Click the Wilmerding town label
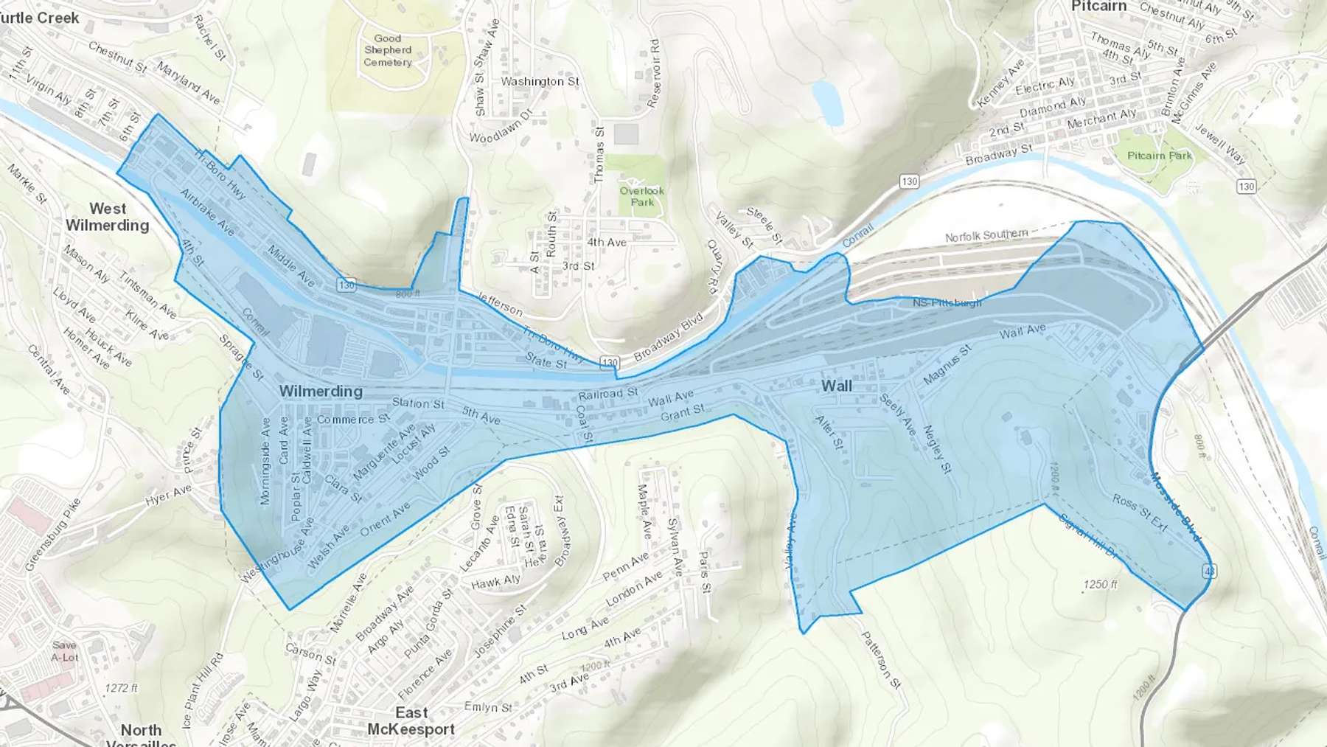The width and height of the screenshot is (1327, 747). (x=321, y=392)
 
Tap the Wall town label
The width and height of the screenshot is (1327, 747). (x=836, y=386)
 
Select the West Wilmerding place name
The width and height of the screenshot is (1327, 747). (x=108, y=217)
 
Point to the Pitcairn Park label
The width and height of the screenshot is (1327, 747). (x=1159, y=156)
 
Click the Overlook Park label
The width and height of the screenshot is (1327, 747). (x=641, y=196)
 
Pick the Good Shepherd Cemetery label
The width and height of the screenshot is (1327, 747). (x=387, y=50)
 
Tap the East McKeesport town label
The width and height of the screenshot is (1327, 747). (x=411, y=721)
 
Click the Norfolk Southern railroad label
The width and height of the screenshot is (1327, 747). (x=986, y=235)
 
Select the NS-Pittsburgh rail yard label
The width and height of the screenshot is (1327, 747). (x=947, y=303)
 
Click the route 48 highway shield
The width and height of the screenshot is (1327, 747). (x=1208, y=571)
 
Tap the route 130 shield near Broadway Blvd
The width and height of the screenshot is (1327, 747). (x=609, y=362)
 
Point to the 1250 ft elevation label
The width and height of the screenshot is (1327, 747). (x=1100, y=584)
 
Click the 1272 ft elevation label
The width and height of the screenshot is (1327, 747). (x=121, y=688)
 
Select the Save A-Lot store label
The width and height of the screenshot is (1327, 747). (x=64, y=651)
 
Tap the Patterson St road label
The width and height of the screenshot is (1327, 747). (x=881, y=659)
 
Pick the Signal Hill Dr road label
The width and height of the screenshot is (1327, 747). (x=1087, y=535)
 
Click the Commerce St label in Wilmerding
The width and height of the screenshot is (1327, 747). (x=352, y=419)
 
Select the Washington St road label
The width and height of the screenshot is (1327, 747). (x=540, y=81)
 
